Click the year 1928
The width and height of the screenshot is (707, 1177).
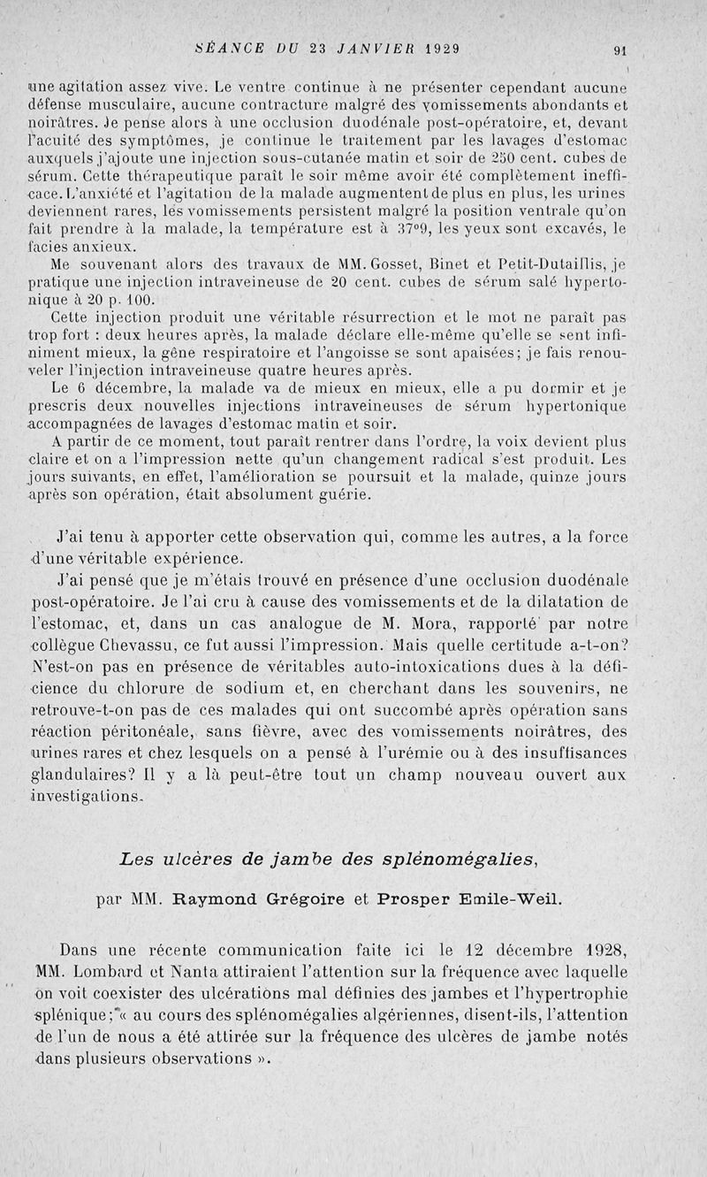pyautogui.click(x=604, y=952)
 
